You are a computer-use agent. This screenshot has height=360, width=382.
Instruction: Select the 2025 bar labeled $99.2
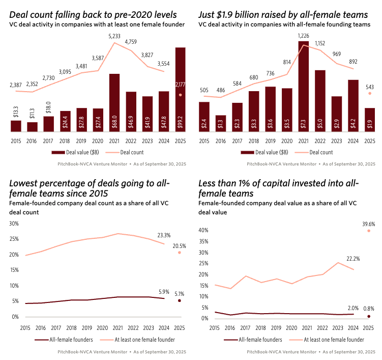(180, 90)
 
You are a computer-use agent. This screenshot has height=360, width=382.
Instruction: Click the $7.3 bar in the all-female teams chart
(304, 87)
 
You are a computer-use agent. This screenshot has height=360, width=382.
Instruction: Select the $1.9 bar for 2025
(370, 120)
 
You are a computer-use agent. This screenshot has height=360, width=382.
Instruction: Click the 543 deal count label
(370, 87)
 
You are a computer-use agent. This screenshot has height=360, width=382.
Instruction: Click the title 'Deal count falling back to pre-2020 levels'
(93, 14)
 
